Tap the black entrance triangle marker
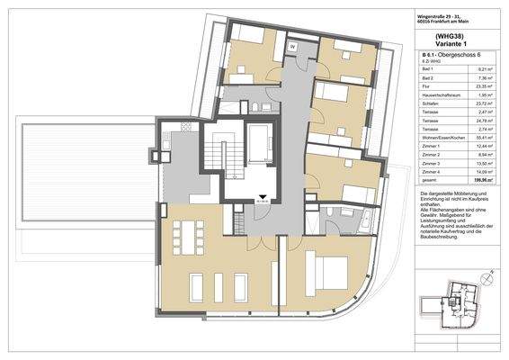click(263, 201)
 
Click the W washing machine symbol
click(292, 46)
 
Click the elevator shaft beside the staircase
click(261, 144)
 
